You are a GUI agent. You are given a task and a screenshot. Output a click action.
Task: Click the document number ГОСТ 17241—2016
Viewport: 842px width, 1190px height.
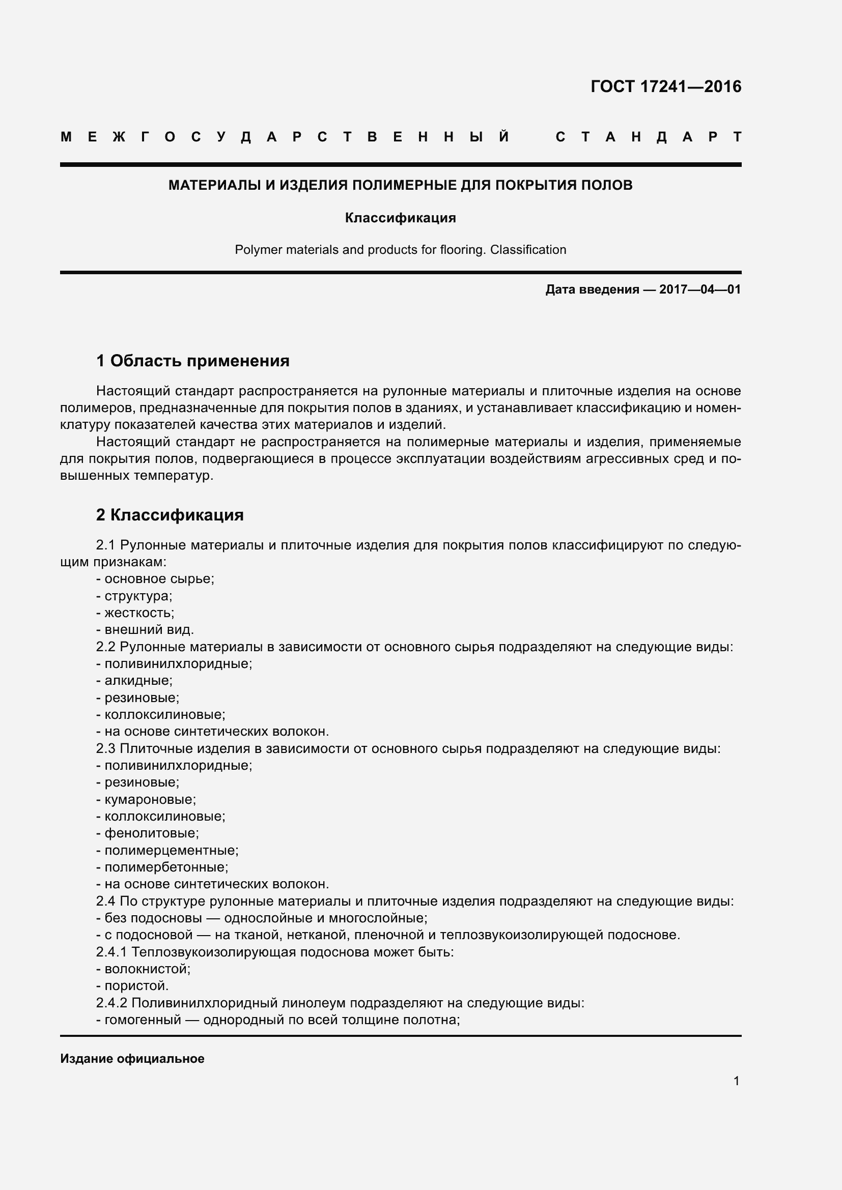point(666,86)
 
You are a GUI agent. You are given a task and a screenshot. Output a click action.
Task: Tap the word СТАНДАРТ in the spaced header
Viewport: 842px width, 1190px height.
point(648,137)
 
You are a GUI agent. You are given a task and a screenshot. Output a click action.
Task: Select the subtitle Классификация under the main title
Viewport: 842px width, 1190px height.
point(400,218)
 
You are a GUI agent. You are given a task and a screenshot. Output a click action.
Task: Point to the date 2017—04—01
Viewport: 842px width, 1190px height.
point(700,289)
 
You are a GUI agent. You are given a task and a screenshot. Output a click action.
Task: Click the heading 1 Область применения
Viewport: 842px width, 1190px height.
point(193,361)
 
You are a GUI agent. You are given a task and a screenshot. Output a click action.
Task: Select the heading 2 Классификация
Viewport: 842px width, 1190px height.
point(170,515)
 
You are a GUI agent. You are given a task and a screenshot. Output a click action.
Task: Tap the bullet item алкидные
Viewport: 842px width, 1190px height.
point(137,681)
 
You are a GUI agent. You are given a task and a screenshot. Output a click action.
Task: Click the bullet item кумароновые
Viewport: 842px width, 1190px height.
point(149,800)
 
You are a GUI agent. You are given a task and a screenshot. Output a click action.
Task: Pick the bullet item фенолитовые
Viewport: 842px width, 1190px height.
point(151,833)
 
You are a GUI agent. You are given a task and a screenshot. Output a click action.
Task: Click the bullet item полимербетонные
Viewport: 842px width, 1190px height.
point(165,867)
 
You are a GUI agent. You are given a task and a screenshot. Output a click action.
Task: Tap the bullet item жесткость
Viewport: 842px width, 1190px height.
point(138,613)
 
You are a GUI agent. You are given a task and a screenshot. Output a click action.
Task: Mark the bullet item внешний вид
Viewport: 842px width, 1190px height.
point(148,630)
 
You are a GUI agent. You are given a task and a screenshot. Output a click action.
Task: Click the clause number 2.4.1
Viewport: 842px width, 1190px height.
point(111,952)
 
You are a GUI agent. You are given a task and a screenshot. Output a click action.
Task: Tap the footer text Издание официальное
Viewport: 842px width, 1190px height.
point(132,1059)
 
